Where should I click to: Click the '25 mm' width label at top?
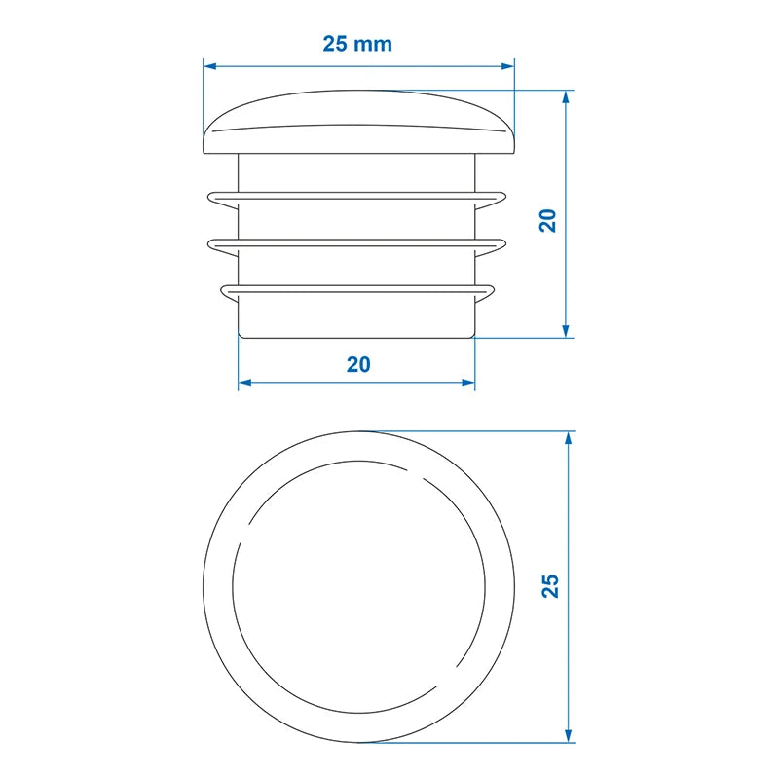point(357,44)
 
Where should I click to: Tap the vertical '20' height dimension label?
point(548,221)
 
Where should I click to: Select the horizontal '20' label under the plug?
point(358,364)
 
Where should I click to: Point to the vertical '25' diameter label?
point(550,586)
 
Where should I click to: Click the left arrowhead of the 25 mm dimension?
point(209,66)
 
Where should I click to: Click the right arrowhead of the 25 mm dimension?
point(508,66)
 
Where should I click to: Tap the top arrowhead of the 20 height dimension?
point(565,96)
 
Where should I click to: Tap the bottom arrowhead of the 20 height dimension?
point(565,331)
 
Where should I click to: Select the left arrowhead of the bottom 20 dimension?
point(245,382)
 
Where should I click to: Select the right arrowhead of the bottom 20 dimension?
point(468,382)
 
